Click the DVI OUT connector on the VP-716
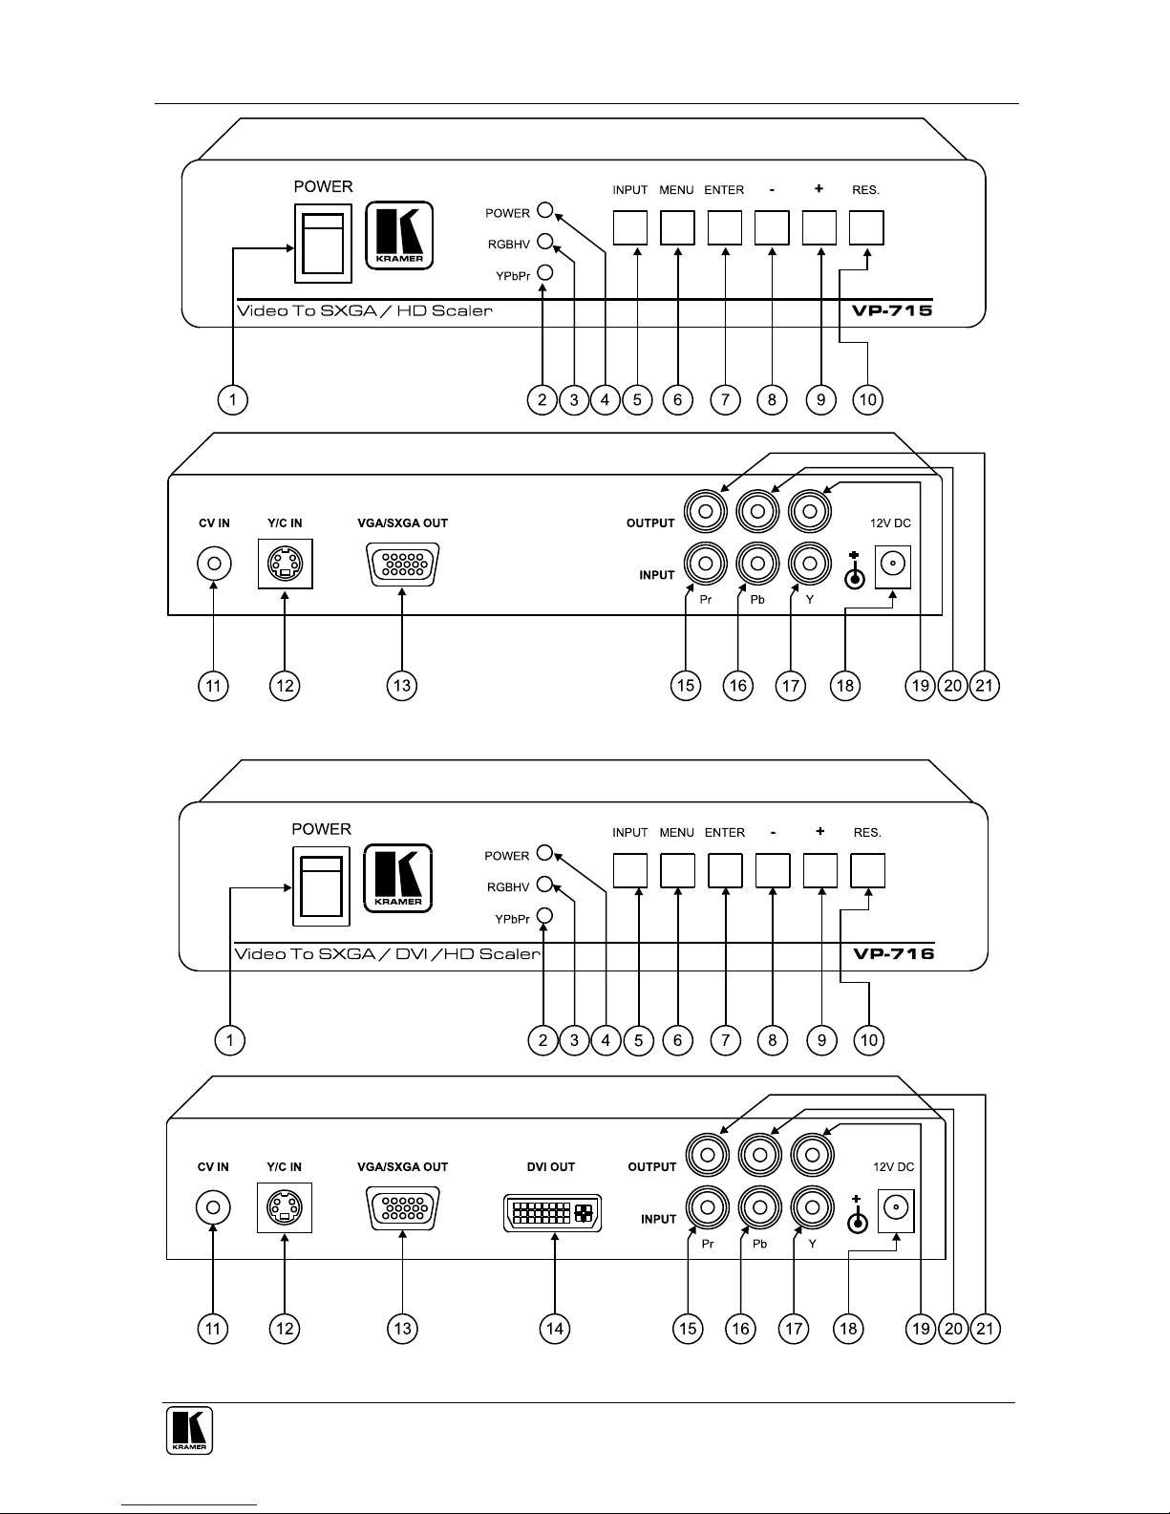click(552, 1213)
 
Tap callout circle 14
click(554, 1329)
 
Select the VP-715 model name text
click(892, 310)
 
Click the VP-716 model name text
click(894, 954)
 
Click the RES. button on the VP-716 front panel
click(868, 870)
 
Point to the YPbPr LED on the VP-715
click(545, 272)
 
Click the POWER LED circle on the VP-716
click(545, 853)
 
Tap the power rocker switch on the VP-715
click(323, 244)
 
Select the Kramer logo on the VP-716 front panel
click(398, 878)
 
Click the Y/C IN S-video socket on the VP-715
click(286, 564)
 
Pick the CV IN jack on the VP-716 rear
click(213, 1207)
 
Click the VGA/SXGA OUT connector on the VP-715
click(402, 565)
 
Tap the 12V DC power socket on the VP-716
click(896, 1209)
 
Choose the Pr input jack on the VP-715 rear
click(706, 563)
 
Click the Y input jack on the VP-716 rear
click(812, 1206)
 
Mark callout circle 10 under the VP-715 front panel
click(868, 400)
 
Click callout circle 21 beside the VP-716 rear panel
click(985, 1329)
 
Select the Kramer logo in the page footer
click(189, 1430)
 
